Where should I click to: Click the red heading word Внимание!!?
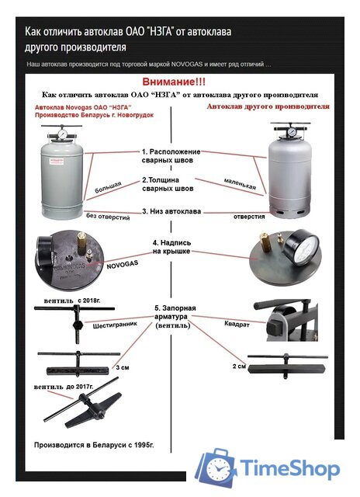174,82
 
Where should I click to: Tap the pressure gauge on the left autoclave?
62,134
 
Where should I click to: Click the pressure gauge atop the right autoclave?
292,132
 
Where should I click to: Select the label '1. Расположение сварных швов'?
171,155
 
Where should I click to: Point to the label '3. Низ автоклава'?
171,211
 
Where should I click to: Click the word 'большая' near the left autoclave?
108,187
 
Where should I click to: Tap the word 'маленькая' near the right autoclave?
240,184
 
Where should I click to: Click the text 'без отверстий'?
108,217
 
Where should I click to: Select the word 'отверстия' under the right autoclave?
249,217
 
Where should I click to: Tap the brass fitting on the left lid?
81,242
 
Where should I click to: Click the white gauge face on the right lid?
305,248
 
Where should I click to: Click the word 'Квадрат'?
237,325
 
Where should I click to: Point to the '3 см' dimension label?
123,367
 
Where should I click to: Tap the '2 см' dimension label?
239,366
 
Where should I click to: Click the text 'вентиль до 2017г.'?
64,387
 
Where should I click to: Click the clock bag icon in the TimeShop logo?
216,467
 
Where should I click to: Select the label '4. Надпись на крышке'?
171,247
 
